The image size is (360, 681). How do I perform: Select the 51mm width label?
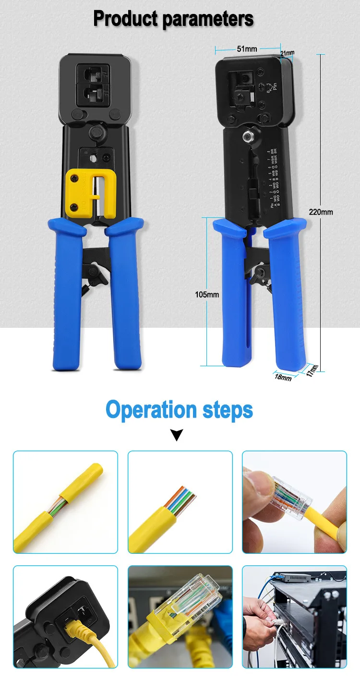tap(247, 48)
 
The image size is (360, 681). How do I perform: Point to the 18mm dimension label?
tap(283, 378)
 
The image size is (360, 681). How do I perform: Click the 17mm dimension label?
tap(313, 370)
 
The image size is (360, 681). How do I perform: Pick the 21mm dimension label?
tap(287, 53)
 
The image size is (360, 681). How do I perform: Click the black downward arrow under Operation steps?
tap(178, 435)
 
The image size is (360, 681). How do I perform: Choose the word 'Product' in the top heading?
tap(126, 19)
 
